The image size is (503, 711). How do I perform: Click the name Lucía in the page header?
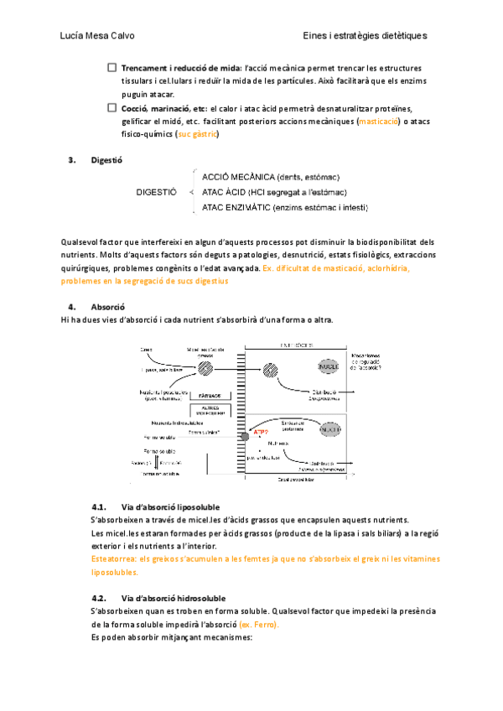click(74, 36)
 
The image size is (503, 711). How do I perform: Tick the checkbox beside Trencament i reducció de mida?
click(111, 67)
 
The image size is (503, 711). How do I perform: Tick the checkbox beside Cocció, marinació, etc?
click(111, 108)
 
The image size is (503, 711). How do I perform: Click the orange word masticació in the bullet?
click(378, 122)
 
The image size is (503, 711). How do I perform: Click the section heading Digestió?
click(106, 159)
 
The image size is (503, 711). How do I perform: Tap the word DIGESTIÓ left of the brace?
click(156, 192)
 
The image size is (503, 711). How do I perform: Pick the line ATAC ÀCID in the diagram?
click(270, 192)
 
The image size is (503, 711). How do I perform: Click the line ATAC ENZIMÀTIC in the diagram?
click(285, 207)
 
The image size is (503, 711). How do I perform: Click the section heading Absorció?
click(107, 307)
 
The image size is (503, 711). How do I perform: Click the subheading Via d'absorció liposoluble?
click(171, 507)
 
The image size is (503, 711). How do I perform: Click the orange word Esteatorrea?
click(113, 558)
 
